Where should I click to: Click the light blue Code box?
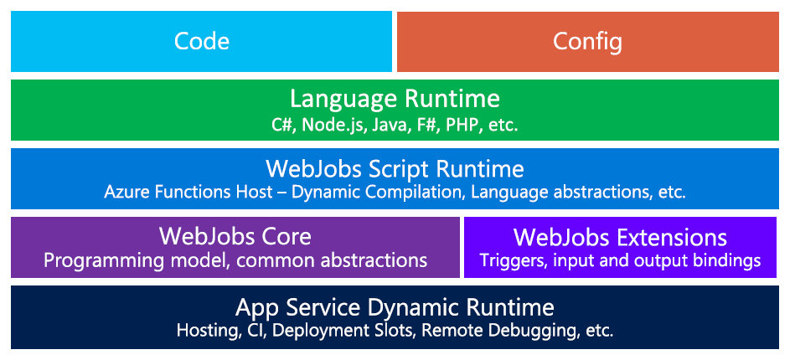point(201,41)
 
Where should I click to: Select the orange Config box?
point(588,41)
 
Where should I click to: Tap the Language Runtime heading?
point(395,99)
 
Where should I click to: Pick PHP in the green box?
point(462,126)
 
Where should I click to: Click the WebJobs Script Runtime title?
point(395,169)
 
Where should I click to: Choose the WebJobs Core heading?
point(235,236)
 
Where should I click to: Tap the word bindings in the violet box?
point(728,260)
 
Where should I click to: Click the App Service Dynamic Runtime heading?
point(395,306)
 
